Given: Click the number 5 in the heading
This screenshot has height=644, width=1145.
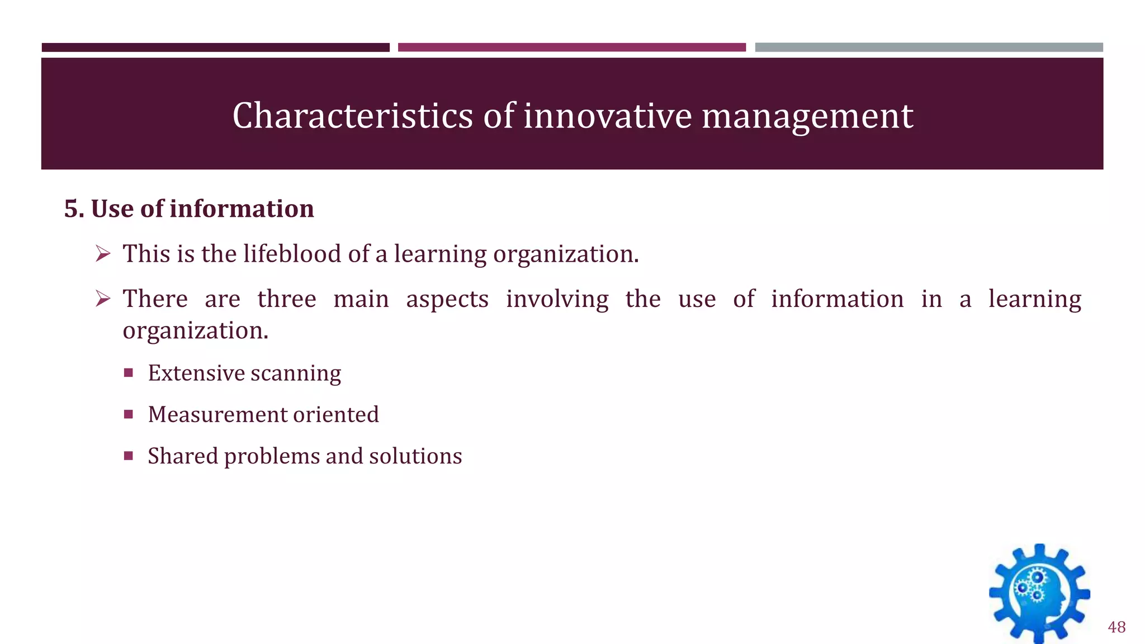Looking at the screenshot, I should coord(71,209).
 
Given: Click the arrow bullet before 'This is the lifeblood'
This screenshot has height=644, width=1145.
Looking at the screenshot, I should coord(103,254).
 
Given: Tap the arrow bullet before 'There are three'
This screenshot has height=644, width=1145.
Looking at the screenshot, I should coord(103,299).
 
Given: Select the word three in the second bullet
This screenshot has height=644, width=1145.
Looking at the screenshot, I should coord(287,299).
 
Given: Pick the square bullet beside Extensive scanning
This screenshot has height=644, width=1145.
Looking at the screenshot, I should coord(129,373).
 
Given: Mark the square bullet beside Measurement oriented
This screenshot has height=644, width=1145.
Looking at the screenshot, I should coord(129,414).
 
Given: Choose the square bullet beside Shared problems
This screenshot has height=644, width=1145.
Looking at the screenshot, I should coord(129,456).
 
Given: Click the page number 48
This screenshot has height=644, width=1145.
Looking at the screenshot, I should coord(1116,627).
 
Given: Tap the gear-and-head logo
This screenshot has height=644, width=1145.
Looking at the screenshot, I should coord(1039,594).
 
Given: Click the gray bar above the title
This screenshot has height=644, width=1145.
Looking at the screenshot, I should coord(929,48).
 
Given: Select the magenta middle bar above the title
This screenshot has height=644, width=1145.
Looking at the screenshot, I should coord(571,48).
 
